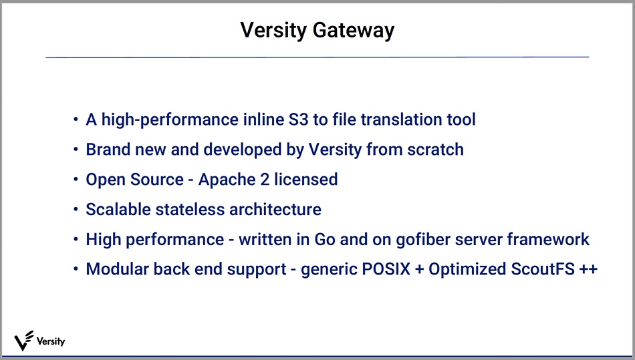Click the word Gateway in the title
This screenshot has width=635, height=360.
[353, 30]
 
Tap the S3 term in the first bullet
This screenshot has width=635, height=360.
[298, 120]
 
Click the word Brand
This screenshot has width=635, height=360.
[108, 149]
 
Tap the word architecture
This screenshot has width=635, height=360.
[275, 209]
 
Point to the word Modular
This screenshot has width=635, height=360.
[117, 269]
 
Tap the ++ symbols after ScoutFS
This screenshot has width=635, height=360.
[588, 269]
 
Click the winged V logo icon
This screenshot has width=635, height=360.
[23, 341]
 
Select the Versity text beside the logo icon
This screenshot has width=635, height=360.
[51, 341]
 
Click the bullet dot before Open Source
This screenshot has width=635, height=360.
[76, 179]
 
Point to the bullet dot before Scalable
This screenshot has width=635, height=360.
[76, 209]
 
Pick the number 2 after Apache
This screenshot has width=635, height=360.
[265, 180]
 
